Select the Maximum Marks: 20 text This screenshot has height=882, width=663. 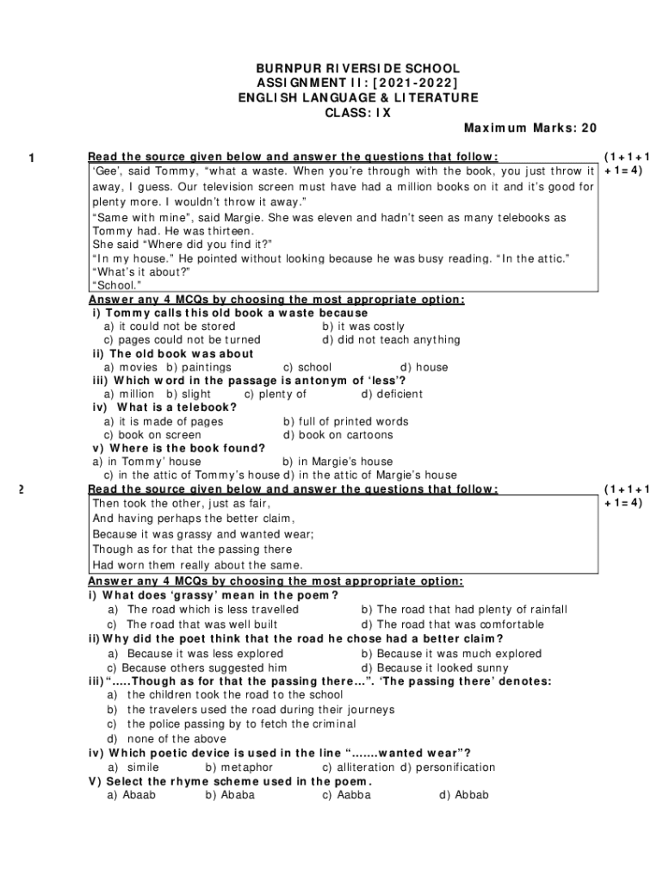530,128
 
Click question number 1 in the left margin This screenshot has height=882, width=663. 31,158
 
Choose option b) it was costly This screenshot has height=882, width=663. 362,326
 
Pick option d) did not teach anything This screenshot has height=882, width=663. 391,340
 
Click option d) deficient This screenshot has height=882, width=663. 392,394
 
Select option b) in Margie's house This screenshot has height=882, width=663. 338,462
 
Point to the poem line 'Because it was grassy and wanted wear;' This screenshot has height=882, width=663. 202,534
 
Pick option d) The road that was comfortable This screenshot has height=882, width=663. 453,624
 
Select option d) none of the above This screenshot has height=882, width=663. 166,739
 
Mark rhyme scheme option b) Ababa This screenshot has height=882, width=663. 230,795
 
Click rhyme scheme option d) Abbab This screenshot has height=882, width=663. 463,795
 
